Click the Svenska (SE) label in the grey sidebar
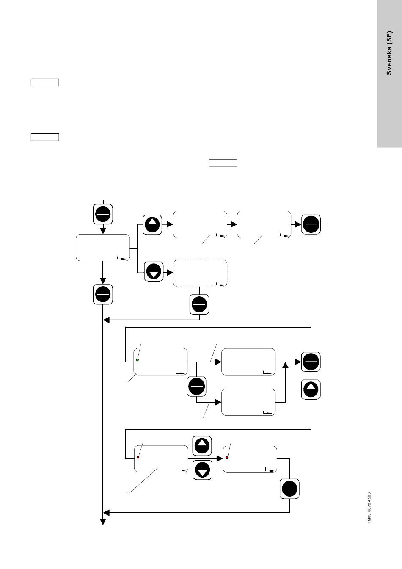389,53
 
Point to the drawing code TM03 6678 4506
369,508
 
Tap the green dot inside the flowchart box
138,360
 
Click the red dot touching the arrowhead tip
227,458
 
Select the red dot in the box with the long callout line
138,457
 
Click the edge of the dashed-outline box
200,260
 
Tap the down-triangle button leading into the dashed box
154,271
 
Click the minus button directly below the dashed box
199,304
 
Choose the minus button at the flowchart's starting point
103,214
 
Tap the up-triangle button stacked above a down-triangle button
202,446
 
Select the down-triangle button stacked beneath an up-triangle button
202,470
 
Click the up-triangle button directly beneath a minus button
311,389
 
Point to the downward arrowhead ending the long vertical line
103,522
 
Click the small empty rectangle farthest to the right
223,163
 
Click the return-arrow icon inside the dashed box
221,284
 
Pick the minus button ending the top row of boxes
311,224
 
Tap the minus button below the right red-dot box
289,489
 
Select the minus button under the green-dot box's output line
196,387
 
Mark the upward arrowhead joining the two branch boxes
286,365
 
